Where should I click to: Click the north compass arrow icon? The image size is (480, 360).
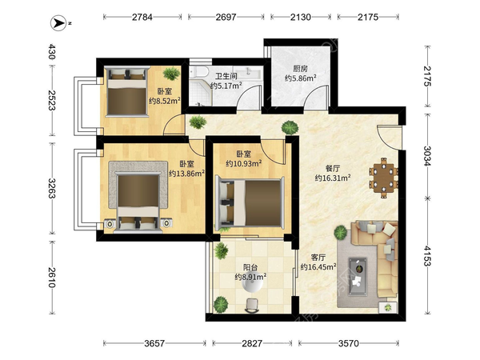point(58,23)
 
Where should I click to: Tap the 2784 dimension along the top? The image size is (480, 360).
point(142,17)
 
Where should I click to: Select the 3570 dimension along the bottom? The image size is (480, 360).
point(348,343)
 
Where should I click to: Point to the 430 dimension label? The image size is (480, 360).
point(52,51)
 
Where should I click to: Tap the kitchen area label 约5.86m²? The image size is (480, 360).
point(300,78)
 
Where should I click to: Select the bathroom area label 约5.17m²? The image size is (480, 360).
point(226,86)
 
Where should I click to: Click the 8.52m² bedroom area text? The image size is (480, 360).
point(164,101)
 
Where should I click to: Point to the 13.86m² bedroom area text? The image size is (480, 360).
point(186,174)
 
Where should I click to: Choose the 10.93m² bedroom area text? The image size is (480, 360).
point(244,163)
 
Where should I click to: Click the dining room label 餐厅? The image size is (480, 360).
point(333,168)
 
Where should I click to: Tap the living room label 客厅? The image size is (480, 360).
point(318,257)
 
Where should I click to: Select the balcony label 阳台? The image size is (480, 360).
point(250,267)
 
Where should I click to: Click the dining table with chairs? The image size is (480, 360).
point(383,178)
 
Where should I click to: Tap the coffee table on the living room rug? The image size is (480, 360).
point(358,277)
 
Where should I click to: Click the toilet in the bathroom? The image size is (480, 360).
point(198,72)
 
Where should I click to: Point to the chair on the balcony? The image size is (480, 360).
point(252,306)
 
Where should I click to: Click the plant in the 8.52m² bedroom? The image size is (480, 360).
point(171,74)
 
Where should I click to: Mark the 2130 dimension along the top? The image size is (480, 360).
point(301,17)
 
